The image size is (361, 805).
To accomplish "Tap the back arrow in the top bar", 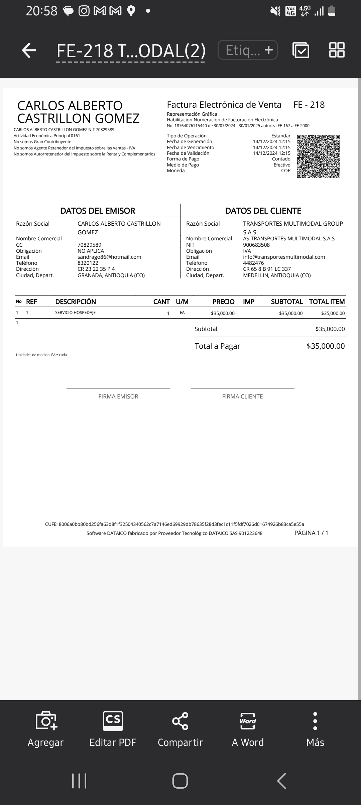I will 29,50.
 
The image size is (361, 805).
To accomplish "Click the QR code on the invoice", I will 318,156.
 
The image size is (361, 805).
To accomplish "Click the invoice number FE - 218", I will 309,105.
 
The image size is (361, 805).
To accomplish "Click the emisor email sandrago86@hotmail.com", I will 109,257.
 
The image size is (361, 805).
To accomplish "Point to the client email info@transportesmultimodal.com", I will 284,257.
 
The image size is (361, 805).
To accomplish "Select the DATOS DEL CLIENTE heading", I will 263,211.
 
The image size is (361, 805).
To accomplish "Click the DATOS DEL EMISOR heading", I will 98,211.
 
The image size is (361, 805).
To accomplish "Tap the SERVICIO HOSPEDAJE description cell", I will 75,313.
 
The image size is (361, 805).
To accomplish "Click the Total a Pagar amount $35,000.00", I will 325,346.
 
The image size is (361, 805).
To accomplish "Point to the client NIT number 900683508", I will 256,245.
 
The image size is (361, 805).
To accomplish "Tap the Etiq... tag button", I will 247,50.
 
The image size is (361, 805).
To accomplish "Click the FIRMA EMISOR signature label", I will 118,396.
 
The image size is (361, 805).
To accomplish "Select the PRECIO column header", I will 223,302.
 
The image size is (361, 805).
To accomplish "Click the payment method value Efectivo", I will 282,165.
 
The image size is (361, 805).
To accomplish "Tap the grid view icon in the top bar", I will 337,50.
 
